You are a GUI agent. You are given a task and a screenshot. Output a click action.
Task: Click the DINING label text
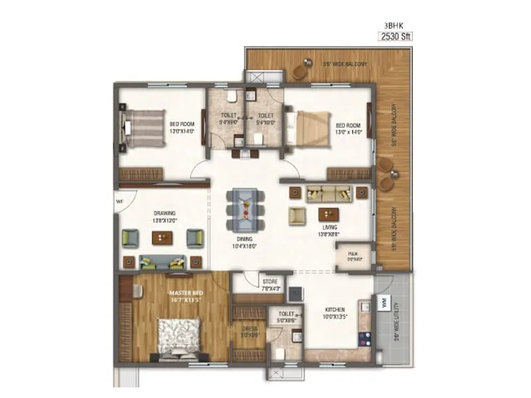[x=244, y=241]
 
